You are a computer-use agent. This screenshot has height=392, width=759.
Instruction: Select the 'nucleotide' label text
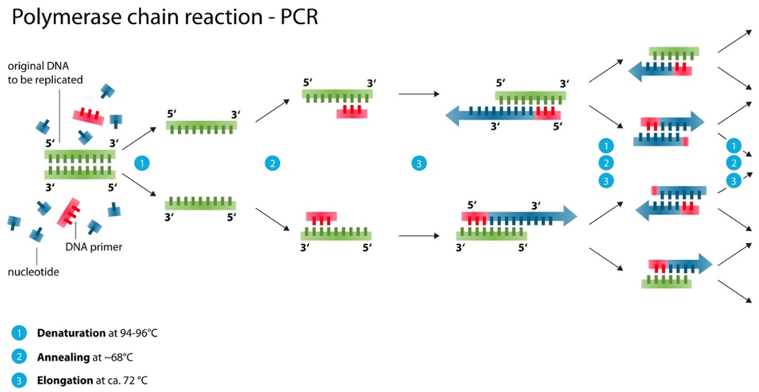point(33,272)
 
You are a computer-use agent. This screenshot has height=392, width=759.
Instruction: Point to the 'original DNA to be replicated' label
point(45,74)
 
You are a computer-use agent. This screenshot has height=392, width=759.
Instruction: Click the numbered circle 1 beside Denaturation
point(20,333)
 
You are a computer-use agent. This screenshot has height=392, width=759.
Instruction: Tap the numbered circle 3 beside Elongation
point(20,380)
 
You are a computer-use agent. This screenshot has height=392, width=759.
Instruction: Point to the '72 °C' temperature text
point(134,380)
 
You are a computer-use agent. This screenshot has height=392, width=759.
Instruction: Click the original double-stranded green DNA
point(80,164)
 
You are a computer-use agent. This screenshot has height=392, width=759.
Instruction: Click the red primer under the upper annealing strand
point(352,112)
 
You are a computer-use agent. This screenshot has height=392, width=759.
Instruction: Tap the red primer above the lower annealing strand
point(321,218)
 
